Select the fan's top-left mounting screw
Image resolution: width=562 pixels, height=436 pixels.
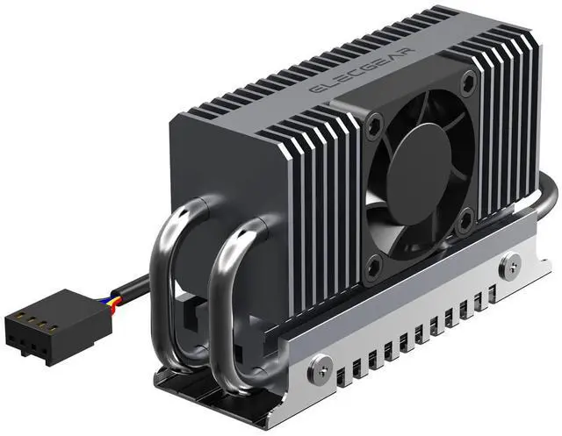pos(376,126)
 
